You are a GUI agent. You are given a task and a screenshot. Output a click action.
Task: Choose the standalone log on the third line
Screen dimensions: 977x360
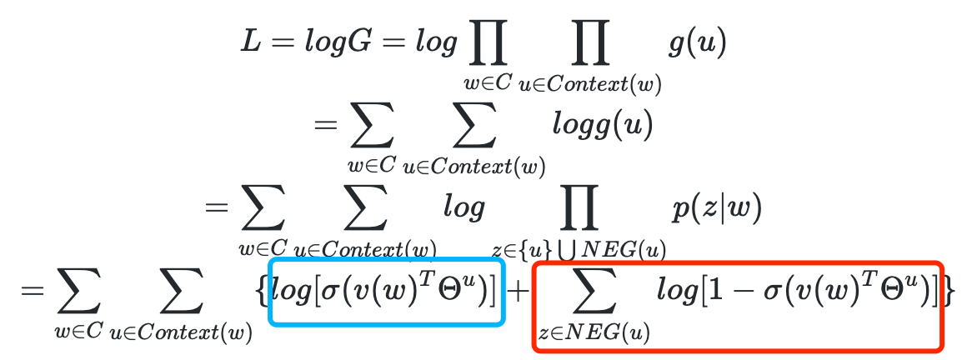[463, 208]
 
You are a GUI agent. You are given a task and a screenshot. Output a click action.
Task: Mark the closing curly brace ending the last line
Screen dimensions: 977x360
[946, 292]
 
